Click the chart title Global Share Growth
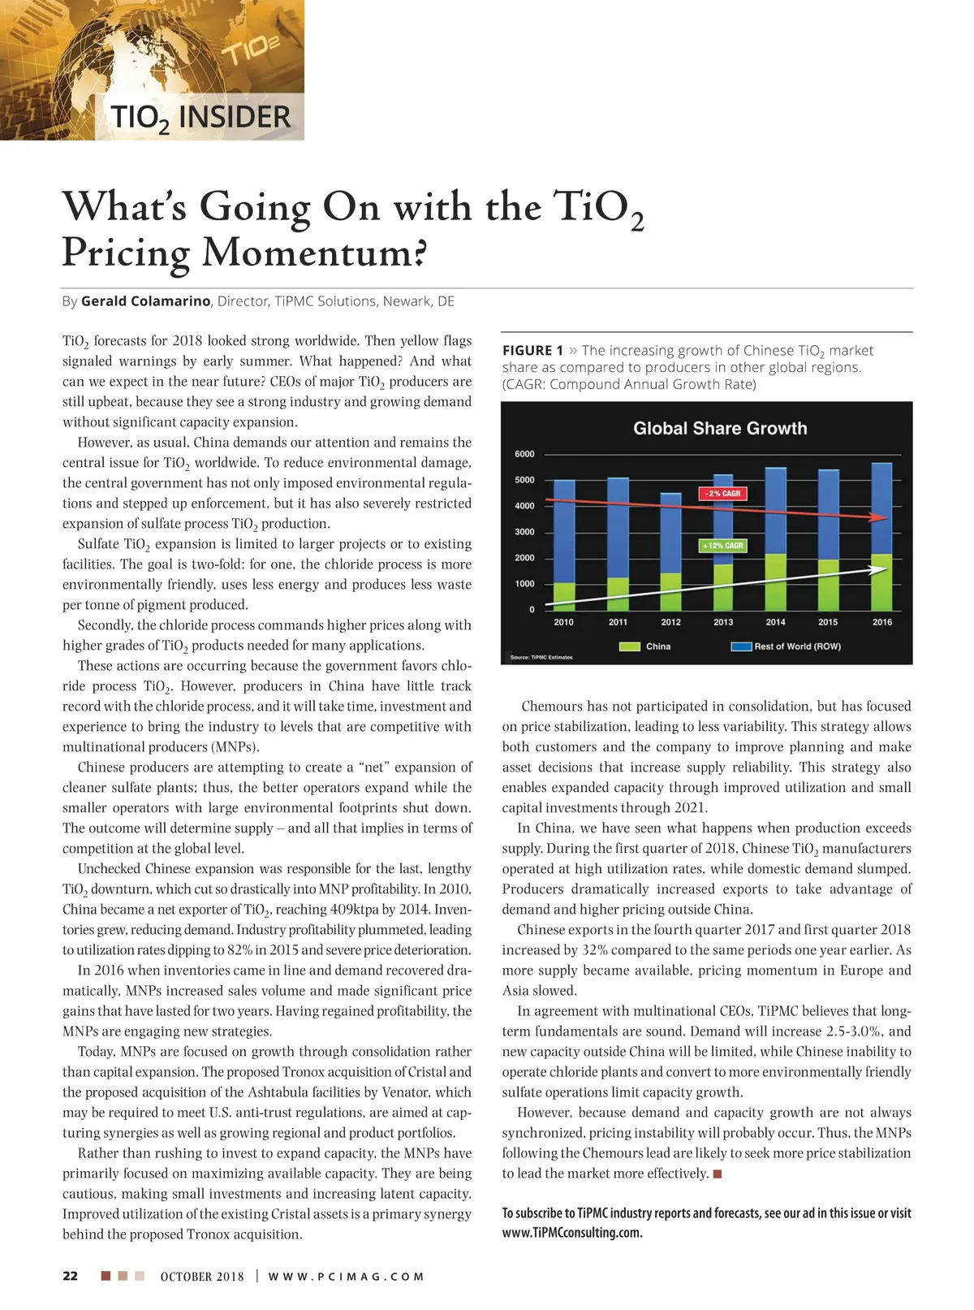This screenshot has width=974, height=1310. pos(720,429)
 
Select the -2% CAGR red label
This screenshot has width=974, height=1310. pos(722,494)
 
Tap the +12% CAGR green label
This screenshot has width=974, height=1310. pos(722,546)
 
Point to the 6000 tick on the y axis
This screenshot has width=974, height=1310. pos(524,454)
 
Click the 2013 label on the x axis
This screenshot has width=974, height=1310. pos(723,622)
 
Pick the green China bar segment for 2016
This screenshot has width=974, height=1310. pos(881,582)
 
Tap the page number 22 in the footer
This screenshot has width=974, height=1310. pos(71,1276)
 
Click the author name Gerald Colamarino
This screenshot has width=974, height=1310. pos(145,301)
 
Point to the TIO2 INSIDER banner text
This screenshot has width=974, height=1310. pos(200,118)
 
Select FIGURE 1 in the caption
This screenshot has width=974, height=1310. pos(532,351)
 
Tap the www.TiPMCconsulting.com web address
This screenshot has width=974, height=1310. pos(572,1233)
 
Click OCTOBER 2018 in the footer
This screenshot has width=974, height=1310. pos(202,1277)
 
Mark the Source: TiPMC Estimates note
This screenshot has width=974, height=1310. pos(541,657)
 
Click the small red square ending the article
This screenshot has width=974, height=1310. pos(718,1174)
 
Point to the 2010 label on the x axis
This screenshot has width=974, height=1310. pos(563,622)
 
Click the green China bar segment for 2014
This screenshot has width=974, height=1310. pos(776,582)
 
